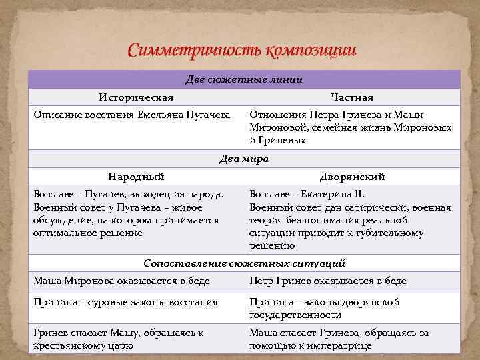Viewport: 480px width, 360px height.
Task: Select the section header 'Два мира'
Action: [244, 159]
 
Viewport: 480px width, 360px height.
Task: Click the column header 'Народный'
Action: [136, 177]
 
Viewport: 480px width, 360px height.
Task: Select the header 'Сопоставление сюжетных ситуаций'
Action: [244, 263]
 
